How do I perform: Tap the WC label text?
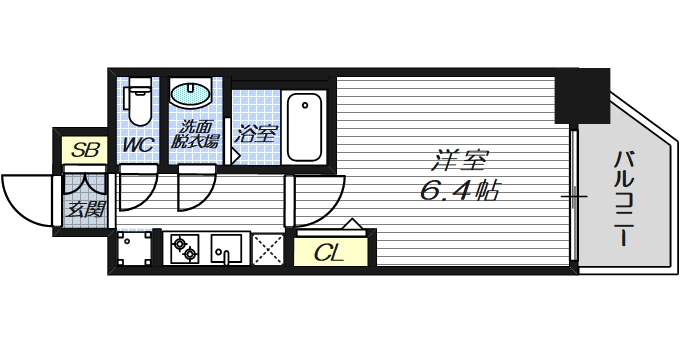[137, 146]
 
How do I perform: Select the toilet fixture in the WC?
[138, 100]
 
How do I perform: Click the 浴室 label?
[257, 133]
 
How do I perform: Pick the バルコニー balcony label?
[624, 200]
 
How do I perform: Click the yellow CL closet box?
[329, 252]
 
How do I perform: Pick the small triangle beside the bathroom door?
[236, 156]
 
